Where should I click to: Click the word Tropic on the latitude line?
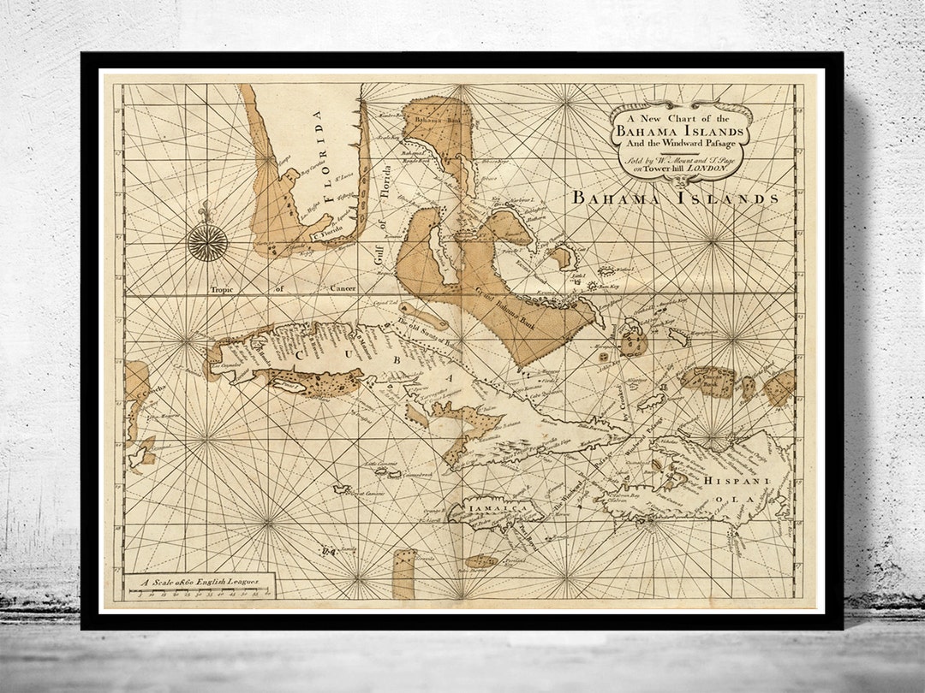228,289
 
